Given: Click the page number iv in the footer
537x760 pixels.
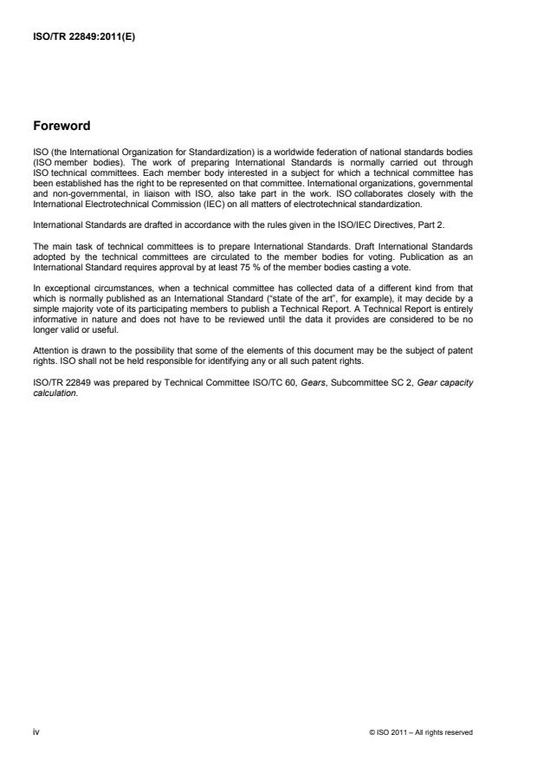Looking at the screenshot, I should point(36,732).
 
